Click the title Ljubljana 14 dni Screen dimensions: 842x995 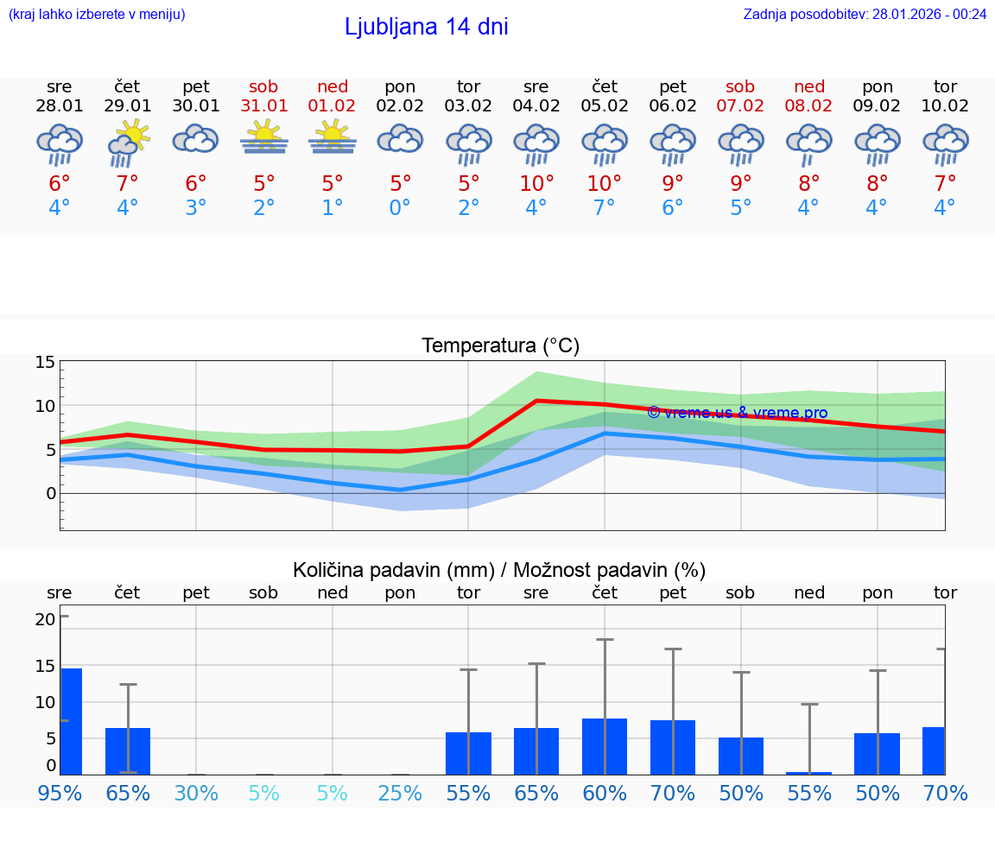click(x=426, y=27)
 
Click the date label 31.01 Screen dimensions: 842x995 click(x=264, y=106)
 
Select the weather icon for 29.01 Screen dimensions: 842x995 click(x=128, y=142)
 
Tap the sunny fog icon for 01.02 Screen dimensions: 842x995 click(x=333, y=138)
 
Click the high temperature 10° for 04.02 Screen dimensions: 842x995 click(x=536, y=183)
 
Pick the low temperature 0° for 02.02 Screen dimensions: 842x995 click(x=400, y=207)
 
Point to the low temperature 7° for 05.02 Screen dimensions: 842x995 click(x=605, y=207)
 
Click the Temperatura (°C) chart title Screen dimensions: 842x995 click(x=500, y=346)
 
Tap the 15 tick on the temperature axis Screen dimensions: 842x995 click(x=45, y=362)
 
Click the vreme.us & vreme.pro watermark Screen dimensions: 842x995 click(x=737, y=413)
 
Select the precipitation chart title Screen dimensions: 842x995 click(x=499, y=570)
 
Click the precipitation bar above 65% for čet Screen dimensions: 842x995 click(x=128, y=750)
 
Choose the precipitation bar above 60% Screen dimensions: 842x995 click(x=605, y=746)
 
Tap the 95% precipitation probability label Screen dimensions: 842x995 click(x=60, y=793)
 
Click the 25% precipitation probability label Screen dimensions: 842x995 click(x=400, y=793)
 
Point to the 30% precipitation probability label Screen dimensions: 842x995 click(x=196, y=793)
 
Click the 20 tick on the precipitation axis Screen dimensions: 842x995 click(x=45, y=618)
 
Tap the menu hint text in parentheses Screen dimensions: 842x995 click(x=97, y=14)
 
